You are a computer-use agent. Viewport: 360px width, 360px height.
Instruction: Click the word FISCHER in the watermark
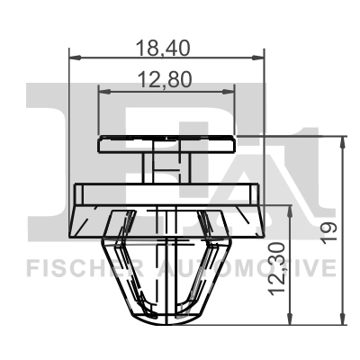pos(76,268)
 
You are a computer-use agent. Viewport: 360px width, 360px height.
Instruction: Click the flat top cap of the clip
pos(166,142)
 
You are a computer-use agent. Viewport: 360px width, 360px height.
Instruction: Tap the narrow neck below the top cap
pos(166,166)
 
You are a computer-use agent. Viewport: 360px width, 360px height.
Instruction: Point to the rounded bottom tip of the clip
pos(167,319)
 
